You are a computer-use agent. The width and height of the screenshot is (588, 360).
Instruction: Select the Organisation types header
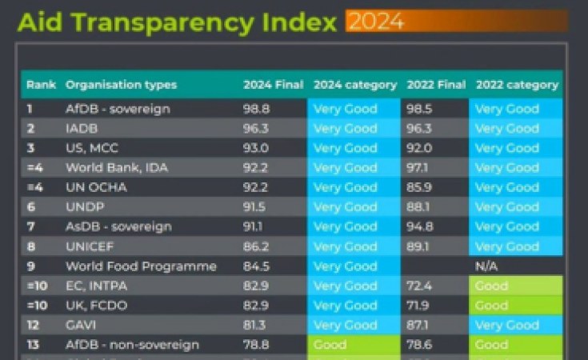pyautogui.click(x=121, y=85)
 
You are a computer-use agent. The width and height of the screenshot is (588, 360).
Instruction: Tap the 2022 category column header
pyautogui.click(x=517, y=85)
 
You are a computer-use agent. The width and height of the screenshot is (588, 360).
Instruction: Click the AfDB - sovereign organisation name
pyautogui.click(x=118, y=109)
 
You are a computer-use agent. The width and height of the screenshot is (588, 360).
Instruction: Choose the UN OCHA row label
pyautogui.click(x=96, y=187)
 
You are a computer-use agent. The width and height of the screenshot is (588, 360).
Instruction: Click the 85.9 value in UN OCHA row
pyautogui.click(x=421, y=187)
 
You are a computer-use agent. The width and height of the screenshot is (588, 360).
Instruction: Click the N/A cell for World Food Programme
pyautogui.click(x=487, y=266)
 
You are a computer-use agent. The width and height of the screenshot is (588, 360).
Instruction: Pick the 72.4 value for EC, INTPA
pyautogui.click(x=421, y=286)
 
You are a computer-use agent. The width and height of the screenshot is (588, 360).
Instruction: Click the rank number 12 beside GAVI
pyautogui.click(x=33, y=325)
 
